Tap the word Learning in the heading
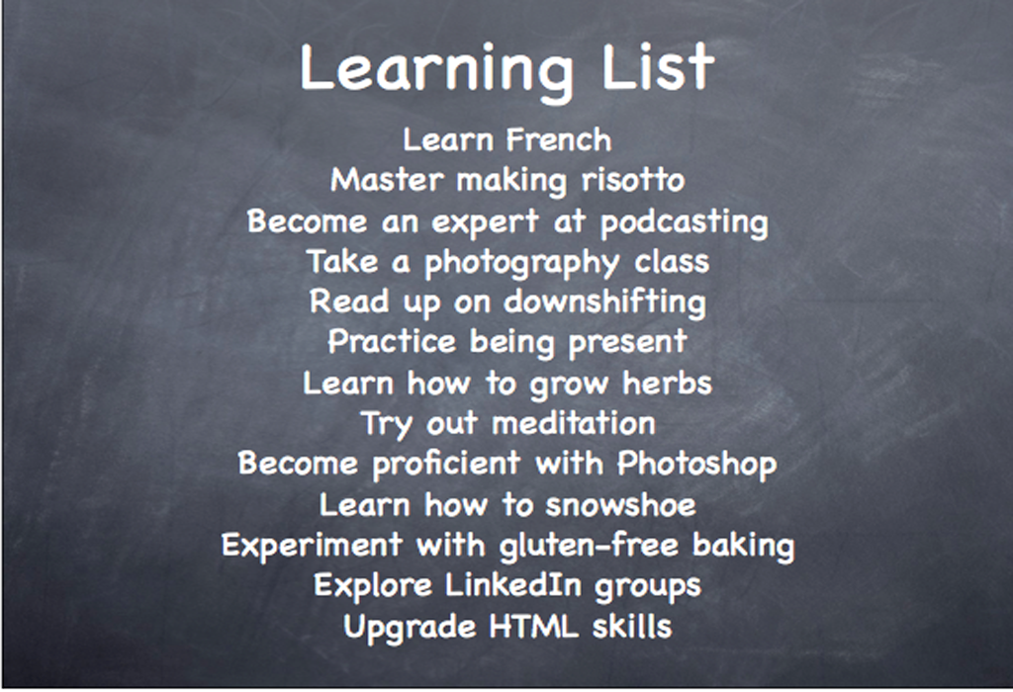(x=436, y=71)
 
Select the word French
(x=558, y=139)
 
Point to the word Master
(x=387, y=180)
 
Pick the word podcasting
(x=685, y=223)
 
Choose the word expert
(x=485, y=222)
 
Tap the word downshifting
(x=604, y=303)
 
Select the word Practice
(x=391, y=341)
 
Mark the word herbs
(x=667, y=383)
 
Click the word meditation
(x=574, y=423)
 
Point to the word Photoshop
(x=696, y=465)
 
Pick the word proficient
(x=446, y=465)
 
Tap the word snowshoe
(x=620, y=505)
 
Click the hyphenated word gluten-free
(x=589, y=546)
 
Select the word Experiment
(x=312, y=546)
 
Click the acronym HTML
(x=533, y=626)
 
